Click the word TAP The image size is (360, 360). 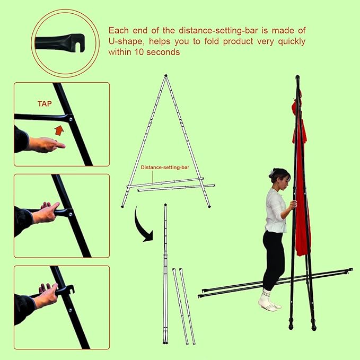coord(45,104)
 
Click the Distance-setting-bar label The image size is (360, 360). coord(165,167)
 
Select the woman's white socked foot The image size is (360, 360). coord(267,302)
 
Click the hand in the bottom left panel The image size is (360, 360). coord(47,295)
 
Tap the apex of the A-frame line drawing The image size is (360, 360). coord(166,76)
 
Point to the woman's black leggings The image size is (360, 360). coord(274,260)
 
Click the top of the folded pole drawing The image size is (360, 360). coord(165,205)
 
